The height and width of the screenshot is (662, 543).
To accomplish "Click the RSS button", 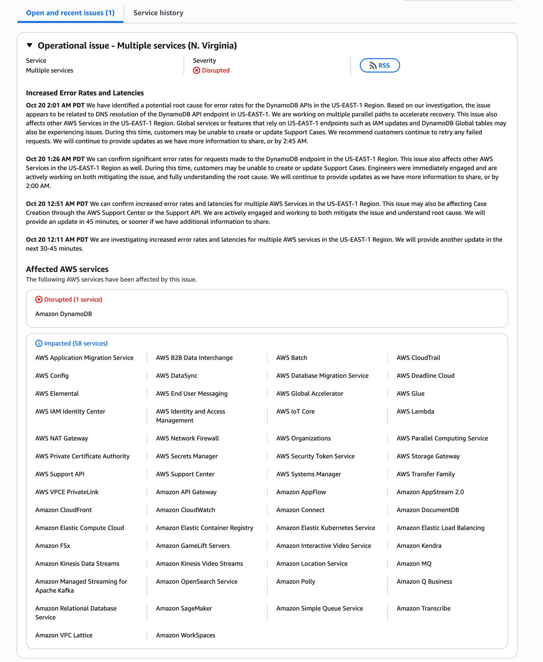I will tap(380, 66).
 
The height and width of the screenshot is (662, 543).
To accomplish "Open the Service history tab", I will tap(158, 13).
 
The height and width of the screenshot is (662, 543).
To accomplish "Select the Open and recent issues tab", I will tap(70, 13).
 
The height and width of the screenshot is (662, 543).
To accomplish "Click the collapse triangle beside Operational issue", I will tap(29, 45).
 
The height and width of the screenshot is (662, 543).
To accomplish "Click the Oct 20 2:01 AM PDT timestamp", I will tap(55, 106).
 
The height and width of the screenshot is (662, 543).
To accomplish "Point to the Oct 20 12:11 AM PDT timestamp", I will tap(57, 240).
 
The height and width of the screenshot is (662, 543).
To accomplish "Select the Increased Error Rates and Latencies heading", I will tap(85, 93).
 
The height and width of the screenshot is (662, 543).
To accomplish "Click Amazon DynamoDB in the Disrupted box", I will tap(63, 314).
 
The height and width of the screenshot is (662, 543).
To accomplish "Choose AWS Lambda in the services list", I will tap(415, 412).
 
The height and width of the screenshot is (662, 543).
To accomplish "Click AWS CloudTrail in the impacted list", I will tap(418, 358).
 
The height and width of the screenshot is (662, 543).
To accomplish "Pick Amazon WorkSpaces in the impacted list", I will tap(186, 635).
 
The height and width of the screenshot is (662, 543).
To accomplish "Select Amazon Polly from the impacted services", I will tap(295, 581).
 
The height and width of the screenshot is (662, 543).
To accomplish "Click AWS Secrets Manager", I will tap(187, 456).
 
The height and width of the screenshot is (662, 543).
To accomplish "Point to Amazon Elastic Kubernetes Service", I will tap(325, 528).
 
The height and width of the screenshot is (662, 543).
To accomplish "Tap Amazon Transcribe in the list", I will tap(424, 609).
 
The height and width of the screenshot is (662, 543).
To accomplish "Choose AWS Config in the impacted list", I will tap(52, 376).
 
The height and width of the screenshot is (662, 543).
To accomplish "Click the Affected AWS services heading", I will tap(67, 269).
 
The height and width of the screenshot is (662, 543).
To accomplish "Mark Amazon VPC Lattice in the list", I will tap(64, 635).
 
